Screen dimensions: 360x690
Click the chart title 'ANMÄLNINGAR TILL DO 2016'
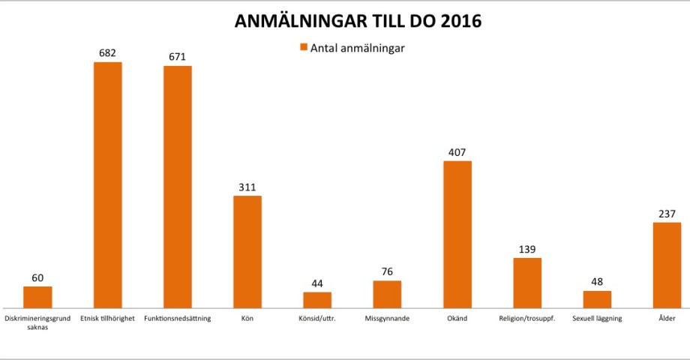tap(358, 21)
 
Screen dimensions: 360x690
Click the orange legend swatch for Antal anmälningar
tap(304, 48)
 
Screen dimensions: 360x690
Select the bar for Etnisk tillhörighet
tap(107, 184)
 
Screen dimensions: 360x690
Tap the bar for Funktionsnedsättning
tap(178, 187)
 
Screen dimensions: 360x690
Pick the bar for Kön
tap(247, 251)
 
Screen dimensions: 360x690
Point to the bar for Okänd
tap(457, 234)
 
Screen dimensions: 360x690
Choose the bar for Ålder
tap(667, 265)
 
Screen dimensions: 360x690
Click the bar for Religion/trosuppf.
tap(527, 283)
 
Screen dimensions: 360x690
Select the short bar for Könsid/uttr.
tap(317, 300)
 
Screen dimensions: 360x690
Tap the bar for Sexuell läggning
tap(597, 299)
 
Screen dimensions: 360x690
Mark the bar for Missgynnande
tap(387, 294)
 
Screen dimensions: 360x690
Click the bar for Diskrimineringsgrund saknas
tap(37, 297)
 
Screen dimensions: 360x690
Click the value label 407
tap(457, 152)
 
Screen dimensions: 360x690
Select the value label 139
tap(527, 249)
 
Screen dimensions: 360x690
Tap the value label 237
tap(667, 214)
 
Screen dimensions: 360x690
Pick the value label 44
tap(317, 283)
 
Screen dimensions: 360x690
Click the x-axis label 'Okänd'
tap(457, 319)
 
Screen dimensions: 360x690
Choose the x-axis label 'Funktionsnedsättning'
tap(178, 319)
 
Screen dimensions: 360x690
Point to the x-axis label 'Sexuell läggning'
tap(597, 319)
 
